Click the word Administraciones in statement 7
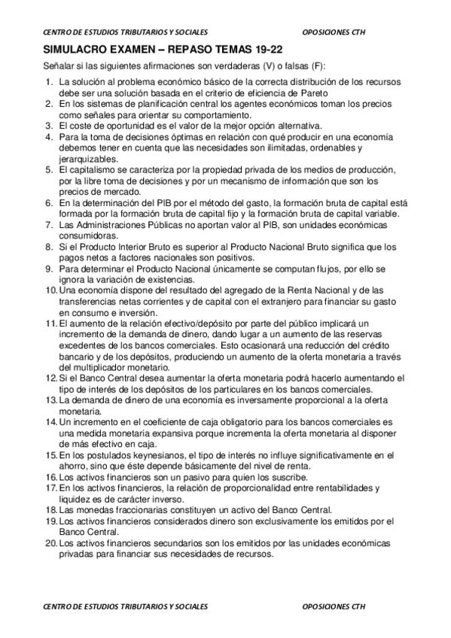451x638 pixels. [x=105, y=226]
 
